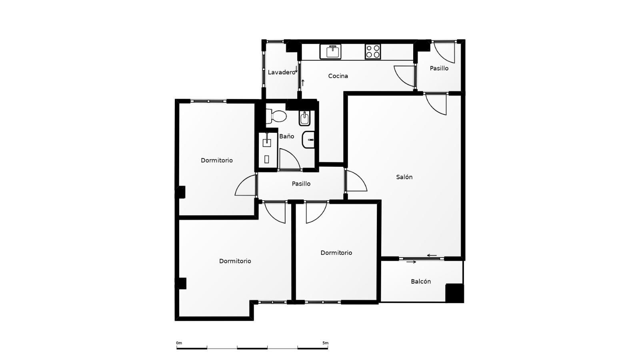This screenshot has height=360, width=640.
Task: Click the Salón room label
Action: (x=404, y=177)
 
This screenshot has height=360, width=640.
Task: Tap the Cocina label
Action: (x=338, y=76)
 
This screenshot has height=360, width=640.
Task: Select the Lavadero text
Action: (x=281, y=72)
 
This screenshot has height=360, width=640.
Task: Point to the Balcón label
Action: (x=420, y=282)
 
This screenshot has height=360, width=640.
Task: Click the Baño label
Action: (x=286, y=136)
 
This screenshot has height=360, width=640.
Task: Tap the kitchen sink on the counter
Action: (x=330, y=52)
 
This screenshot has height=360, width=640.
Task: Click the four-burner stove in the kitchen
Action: (x=373, y=52)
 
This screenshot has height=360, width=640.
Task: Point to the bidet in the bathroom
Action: (x=304, y=118)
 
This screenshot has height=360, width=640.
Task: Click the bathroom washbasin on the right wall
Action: (x=308, y=140)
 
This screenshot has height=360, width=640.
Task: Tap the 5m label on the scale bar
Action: (x=326, y=343)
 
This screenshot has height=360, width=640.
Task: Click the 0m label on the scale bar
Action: (x=179, y=343)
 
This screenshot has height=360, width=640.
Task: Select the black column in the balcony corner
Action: (x=454, y=293)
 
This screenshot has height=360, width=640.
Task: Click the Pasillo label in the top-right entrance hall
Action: (x=439, y=68)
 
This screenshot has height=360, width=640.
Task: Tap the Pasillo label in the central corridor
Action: (x=301, y=184)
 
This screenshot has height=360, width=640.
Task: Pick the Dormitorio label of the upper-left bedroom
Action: (x=216, y=160)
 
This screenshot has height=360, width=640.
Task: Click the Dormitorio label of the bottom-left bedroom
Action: (x=235, y=261)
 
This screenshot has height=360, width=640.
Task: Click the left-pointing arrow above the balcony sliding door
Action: (x=432, y=256)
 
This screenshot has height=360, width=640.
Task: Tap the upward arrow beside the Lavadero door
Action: (x=303, y=83)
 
